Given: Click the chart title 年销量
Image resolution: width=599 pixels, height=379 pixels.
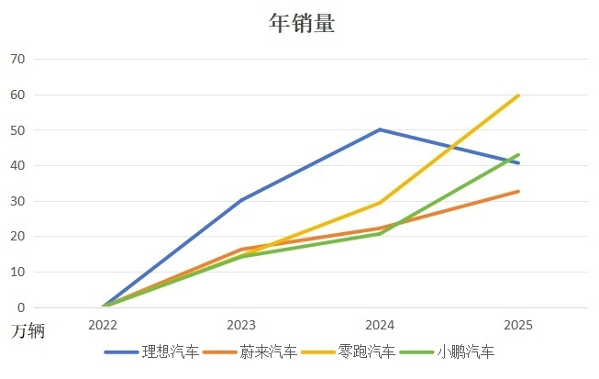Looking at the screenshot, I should (x=301, y=23).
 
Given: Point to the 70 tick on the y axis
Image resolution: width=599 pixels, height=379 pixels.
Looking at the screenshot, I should (x=18, y=59).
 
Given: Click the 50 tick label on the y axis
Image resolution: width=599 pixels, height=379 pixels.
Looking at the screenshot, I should (x=18, y=130).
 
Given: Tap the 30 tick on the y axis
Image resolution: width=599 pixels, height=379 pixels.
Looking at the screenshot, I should (x=18, y=201).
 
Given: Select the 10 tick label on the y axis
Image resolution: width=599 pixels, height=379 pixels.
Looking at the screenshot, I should (x=18, y=273).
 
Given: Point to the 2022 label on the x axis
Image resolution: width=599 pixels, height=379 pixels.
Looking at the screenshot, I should (x=103, y=325).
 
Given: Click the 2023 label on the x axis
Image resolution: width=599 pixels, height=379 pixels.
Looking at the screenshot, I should (x=241, y=325).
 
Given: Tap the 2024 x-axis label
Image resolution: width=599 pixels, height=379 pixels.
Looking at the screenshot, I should (x=380, y=325).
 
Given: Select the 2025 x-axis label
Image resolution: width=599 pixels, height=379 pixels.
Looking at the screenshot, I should (x=518, y=325).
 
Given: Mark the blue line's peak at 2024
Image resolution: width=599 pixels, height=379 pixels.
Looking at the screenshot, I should (x=380, y=129).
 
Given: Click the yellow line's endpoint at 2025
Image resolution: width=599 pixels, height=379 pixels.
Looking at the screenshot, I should (x=518, y=95).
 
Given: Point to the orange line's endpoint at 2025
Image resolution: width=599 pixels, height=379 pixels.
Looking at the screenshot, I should (x=518, y=191).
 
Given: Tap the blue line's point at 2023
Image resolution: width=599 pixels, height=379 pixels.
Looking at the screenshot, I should (x=241, y=200).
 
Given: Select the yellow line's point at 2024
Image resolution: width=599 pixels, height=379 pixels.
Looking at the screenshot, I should (x=380, y=203).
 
